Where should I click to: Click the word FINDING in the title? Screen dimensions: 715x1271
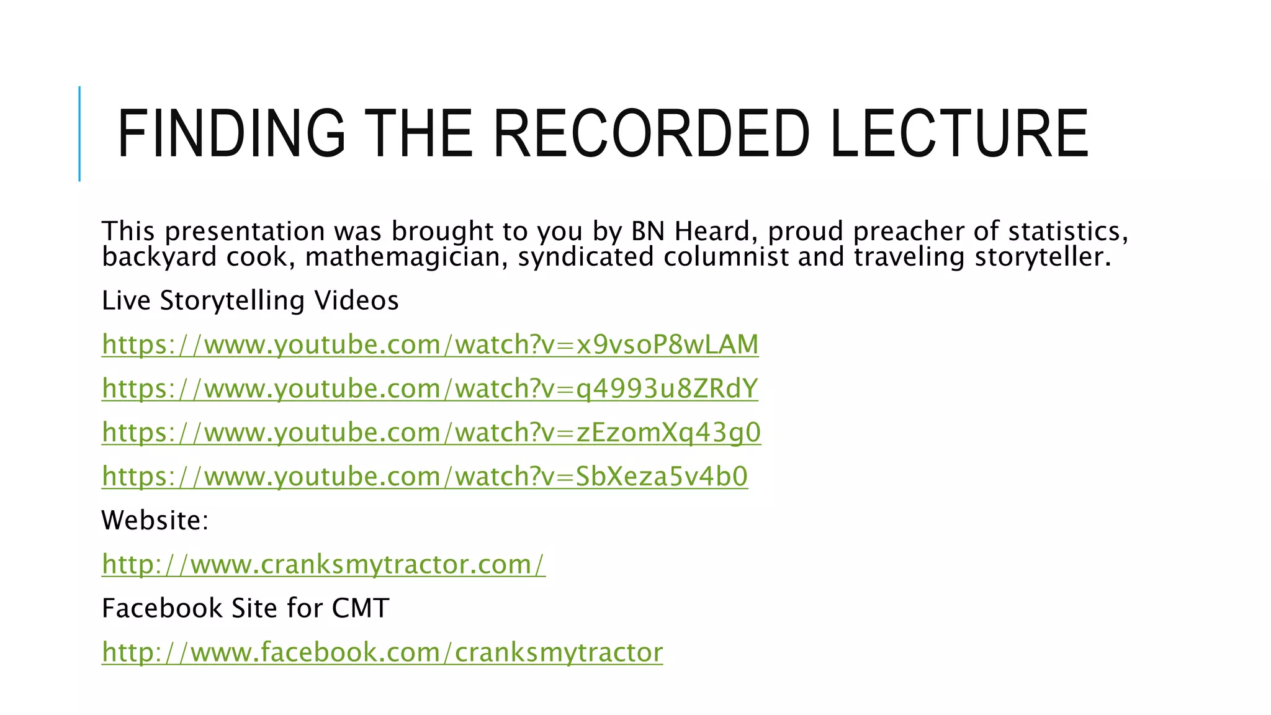click(x=231, y=133)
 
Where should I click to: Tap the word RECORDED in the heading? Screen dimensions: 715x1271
click(x=651, y=133)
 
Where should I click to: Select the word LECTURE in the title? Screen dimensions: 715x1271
click(x=958, y=133)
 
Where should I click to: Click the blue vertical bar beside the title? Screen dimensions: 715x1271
click(x=79, y=133)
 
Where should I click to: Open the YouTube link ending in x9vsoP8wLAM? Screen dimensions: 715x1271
click(x=430, y=344)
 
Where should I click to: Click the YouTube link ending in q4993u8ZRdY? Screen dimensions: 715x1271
click(x=430, y=389)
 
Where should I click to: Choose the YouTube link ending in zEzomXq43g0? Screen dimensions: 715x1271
click(x=431, y=433)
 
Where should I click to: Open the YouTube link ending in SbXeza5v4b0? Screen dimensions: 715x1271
click(x=424, y=477)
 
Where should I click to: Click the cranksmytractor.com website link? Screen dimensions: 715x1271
click(x=323, y=564)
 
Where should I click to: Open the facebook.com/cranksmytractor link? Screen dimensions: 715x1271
click(x=382, y=652)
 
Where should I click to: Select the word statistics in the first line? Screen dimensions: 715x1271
click(x=1067, y=231)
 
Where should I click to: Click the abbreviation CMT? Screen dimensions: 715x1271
click(x=361, y=608)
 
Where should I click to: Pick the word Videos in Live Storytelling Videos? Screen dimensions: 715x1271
click(x=356, y=301)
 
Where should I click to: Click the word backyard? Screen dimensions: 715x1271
click(x=159, y=257)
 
